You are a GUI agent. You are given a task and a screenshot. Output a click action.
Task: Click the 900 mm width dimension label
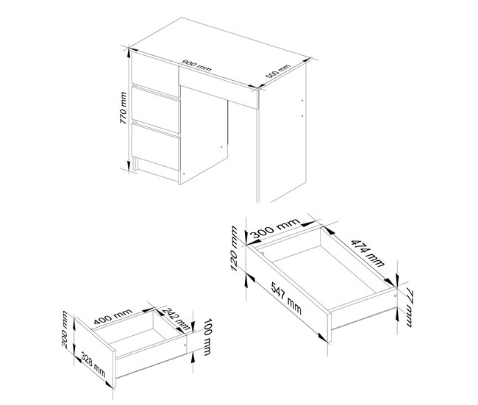tap(196, 65)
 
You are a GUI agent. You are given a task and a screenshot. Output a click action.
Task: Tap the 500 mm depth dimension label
tap(278, 71)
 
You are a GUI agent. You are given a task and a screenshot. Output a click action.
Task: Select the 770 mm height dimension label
tap(123, 108)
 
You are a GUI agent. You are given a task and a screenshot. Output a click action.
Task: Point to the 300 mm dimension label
tap(275, 228)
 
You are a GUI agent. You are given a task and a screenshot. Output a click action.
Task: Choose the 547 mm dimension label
tap(286, 298)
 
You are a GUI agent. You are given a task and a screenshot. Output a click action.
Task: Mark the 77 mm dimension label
tap(409, 309)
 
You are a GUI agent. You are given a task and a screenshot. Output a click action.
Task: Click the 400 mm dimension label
tap(113, 316)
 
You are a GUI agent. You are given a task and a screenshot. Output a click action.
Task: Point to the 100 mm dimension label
tap(207, 337)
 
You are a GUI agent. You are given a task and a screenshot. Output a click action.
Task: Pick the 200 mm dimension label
tap(65, 329)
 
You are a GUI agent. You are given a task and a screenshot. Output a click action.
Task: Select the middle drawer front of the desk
tap(156, 110)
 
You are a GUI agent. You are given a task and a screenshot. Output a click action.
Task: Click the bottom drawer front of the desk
tap(156, 146)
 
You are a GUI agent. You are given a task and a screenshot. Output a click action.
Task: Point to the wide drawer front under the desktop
tap(218, 88)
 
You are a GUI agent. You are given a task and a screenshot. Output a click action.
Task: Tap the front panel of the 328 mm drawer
tap(95, 353)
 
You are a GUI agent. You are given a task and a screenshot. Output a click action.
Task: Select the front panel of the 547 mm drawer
tap(288, 293)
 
